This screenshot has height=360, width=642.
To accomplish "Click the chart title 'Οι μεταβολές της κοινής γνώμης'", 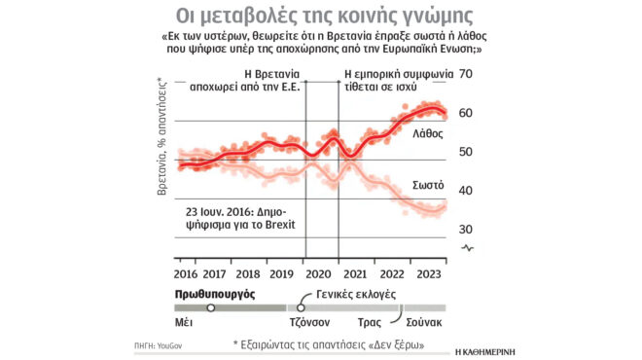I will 320,17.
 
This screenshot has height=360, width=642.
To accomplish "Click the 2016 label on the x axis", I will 185,274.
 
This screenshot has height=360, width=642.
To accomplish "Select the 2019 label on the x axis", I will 281,274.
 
